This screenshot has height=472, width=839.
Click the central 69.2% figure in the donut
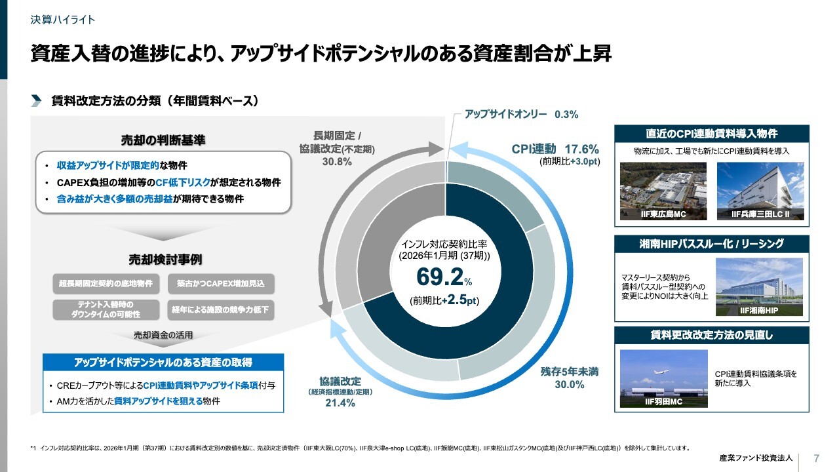tap(440, 277)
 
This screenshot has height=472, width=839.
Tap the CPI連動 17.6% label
tap(555, 148)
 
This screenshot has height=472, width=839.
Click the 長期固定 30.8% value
tap(337, 162)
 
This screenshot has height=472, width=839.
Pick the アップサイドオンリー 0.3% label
tap(521, 114)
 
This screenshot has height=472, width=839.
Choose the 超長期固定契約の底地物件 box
tap(106, 284)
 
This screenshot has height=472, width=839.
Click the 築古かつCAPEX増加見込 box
tap(221, 284)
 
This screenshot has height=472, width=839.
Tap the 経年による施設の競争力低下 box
tap(221, 309)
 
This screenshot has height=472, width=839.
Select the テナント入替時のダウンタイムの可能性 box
tap(106, 309)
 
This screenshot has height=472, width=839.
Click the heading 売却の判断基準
tap(163, 140)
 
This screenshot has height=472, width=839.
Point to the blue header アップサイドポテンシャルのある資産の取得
tap(163, 362)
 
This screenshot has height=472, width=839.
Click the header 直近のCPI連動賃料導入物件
tap(711, 134)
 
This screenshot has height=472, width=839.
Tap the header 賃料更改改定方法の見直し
tap(711, 335)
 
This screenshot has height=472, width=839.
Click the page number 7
tap(816, 458)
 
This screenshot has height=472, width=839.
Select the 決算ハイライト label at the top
tap(63, 20)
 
